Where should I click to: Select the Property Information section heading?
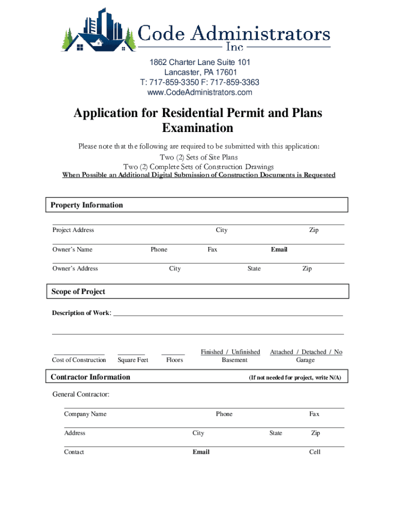point(87,205)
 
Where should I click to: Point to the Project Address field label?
point(73,230)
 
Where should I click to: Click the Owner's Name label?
point(72,250)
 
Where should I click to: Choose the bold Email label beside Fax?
point(279,250)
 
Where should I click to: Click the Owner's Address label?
point(75,269)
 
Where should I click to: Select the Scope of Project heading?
point(78,292)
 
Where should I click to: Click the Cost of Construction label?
point(79,360)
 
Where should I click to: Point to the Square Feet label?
point(133,360)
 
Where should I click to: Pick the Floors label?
point(174,360)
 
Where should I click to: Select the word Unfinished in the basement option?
point(245,352)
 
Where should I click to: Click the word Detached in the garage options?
point(315,352)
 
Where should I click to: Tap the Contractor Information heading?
point(90,377)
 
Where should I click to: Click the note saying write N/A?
point(295,378)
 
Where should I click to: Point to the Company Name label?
point(85,414)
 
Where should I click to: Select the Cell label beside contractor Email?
point(315,452)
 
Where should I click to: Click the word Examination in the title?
point(197,128)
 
